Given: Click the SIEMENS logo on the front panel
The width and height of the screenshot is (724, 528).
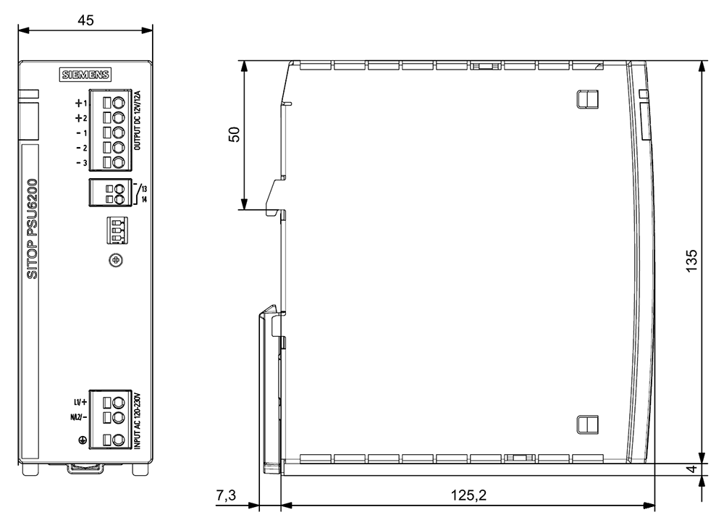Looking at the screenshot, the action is coord(85,75).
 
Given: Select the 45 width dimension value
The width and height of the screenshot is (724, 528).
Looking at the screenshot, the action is coord(85,20).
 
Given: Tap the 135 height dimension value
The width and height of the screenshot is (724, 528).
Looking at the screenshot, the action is coord(691,261).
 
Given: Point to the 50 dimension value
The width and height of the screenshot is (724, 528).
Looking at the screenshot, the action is coord(235,134).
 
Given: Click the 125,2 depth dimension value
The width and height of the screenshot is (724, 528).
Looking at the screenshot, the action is coord(468,495).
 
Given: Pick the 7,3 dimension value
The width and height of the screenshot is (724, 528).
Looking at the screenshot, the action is coord(226,495).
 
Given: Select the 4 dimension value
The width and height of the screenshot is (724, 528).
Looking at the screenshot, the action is coord(691,469).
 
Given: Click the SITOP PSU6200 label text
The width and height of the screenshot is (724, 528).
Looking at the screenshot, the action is coord(33,229).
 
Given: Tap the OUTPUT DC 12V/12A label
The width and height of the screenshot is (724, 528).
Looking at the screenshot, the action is coord(137,120).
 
